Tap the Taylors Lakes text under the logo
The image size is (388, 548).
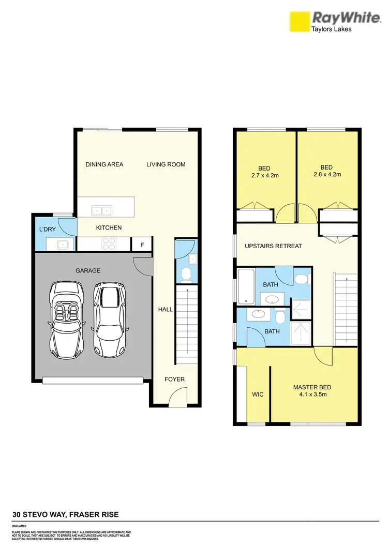[x=332, y=29]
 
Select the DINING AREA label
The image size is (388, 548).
[x=105, y=164]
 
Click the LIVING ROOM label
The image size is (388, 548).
[x=166, y=164]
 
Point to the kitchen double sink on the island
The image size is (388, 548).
[x=102, y=210]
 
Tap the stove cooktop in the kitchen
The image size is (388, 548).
[x=109, y=243]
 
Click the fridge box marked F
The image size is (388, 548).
[x=142, y=244]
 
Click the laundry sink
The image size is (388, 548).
[x=61, y=244]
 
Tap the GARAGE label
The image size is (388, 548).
[x=87, y=270]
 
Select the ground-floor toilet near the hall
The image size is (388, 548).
[x=188, y=275]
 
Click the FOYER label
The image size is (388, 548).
[x=174, y=379]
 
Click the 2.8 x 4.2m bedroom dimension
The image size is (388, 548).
[x=326, y=175]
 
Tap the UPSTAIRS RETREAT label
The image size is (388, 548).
[x=273, y=246]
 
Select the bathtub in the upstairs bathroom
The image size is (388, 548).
[x=246, y=286]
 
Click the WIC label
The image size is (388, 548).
[x=258, y=394]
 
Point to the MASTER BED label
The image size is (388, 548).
[x=312, y=387]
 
